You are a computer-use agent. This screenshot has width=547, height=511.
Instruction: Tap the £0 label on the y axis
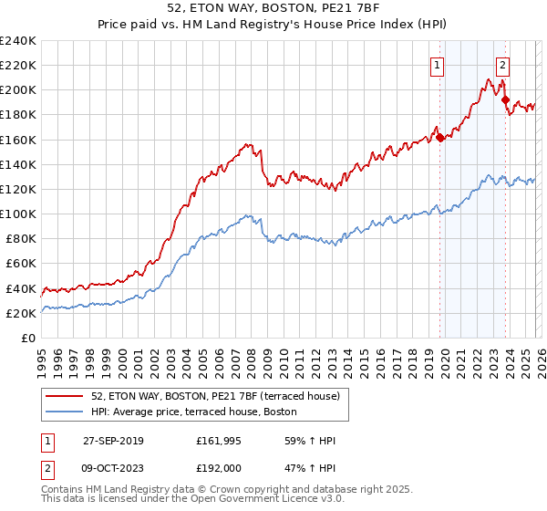tap(29, 338)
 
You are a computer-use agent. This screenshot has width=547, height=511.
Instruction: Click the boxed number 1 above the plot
tap(439, 65)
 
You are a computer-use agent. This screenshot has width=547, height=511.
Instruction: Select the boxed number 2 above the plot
tap(502, 65)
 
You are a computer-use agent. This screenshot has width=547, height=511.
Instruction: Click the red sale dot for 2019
tap(439, 138)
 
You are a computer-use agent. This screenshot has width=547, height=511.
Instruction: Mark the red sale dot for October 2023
tap(505, 100)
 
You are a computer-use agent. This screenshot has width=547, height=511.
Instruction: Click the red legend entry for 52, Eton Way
tap(215, 395)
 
